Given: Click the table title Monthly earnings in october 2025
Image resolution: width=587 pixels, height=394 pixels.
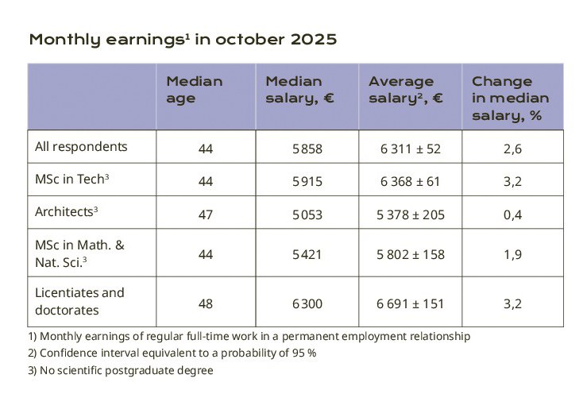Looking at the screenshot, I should (x=183, y=40).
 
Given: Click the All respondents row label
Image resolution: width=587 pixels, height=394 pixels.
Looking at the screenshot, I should (x=81, y=147).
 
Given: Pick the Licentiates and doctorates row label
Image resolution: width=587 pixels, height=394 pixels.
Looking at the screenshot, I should (x=79, y=300).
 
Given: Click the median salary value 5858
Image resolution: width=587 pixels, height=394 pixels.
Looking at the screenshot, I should (x=307, y=149).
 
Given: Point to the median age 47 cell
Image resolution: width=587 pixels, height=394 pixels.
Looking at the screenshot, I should (x=206, y=214).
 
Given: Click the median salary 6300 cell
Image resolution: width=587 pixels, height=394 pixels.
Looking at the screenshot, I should (x=307, y=304).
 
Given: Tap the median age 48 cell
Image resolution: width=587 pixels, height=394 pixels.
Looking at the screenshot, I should (x=206, y=304).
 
